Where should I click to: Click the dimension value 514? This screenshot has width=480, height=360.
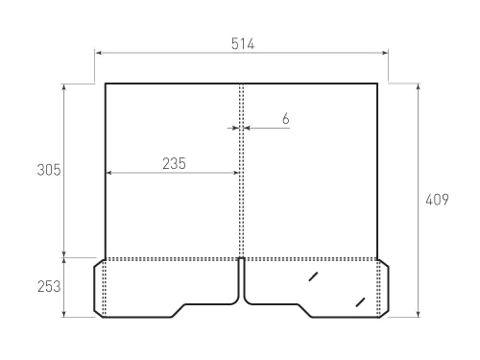pos(243,44)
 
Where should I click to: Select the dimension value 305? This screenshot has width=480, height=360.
pos(49,170)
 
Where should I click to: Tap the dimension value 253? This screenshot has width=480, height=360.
pos(49,286)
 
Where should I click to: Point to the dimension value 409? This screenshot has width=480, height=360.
pos(437,200)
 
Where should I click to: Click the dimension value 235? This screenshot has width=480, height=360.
pos(174,163)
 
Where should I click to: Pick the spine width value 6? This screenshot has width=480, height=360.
pos(286,119)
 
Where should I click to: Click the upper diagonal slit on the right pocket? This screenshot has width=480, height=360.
pos(313,276)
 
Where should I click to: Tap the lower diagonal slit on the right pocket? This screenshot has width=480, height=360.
pos(360,302)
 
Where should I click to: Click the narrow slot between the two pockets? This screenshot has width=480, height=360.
pos(242,278)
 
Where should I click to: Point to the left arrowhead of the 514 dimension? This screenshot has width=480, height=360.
pos(99,53)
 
